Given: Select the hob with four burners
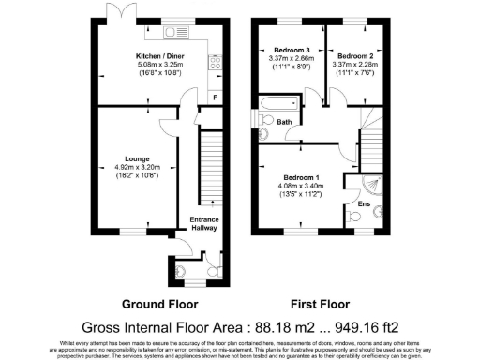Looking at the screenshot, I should click(214, 64).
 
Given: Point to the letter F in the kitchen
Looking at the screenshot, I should click(215, 97).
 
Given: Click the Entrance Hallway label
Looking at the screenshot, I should click(204, 222).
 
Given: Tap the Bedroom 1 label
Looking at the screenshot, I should click(303, 178).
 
